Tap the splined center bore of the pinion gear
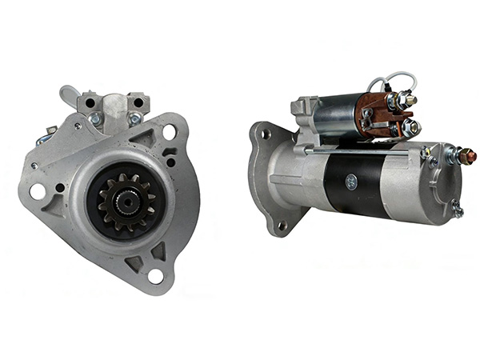[x=126, y=202]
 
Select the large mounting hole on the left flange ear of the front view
[x=38, y=191]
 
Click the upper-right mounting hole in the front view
[x=169, y=132]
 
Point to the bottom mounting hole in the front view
[x=155, y=276]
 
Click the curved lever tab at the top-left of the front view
[x=70, y=95]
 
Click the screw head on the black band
[x=351, y=182]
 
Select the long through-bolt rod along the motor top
[x=360, y=150]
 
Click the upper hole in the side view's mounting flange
[x=264, y=135]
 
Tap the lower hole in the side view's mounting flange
[x=281, y=226]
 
